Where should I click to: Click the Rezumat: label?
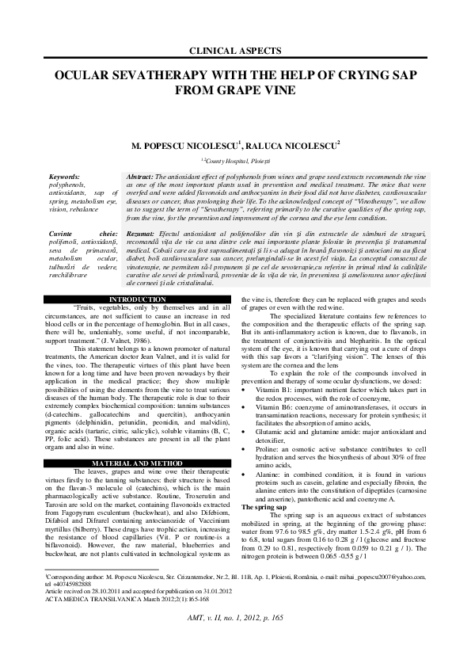[143, 235]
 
